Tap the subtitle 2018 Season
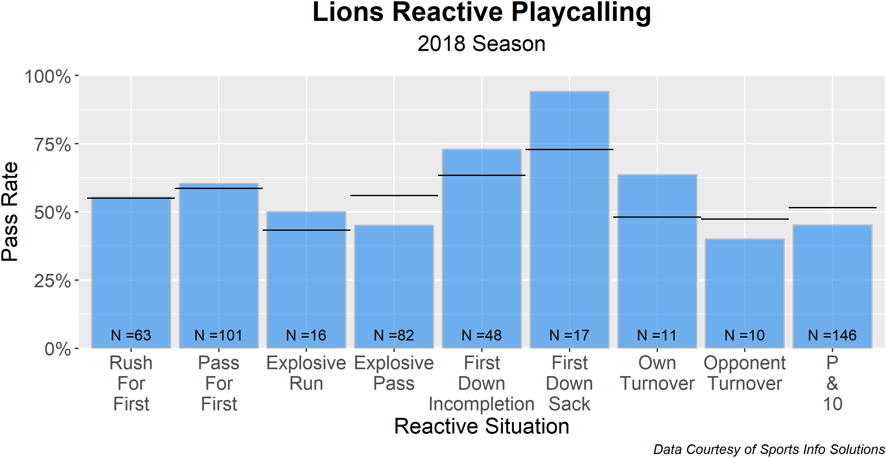coord(481,44)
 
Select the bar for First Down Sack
coord(569,220)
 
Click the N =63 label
coord(131,335)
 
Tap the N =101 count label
coord(219,335)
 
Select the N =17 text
coord(569,335)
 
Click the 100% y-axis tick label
coord(48,76)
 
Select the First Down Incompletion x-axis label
coord(481,383)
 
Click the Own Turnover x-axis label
coord(657,373)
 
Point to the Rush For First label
coord(131,383)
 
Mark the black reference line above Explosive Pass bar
coord(394,196)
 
